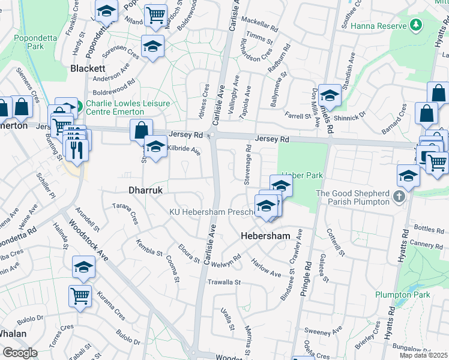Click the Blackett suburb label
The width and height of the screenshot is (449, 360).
(88, 68)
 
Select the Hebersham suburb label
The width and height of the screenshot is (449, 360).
(266, 236)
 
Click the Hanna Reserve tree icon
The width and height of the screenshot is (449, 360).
(415, 25)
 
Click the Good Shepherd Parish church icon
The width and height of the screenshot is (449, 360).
(398, 196)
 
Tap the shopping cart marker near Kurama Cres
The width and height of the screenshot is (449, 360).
(80, 295)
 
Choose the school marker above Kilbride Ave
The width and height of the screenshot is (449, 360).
(155, 146)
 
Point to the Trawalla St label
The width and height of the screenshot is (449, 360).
(223, 281)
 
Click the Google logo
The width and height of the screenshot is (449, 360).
(19, 353)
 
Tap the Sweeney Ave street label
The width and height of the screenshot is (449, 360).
(322, 331)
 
